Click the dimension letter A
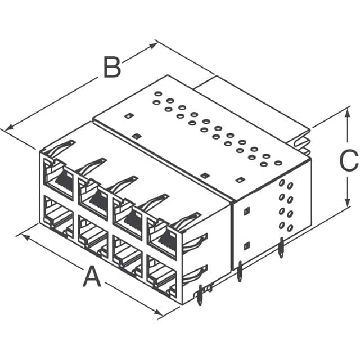click(91, 277)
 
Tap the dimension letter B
click(111, 68)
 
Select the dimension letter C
click(349, 161)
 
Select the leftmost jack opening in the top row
click(58, 179)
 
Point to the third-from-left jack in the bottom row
click(128, 256)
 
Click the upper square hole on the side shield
click(246, 211)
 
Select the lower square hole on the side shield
click(246, 246)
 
